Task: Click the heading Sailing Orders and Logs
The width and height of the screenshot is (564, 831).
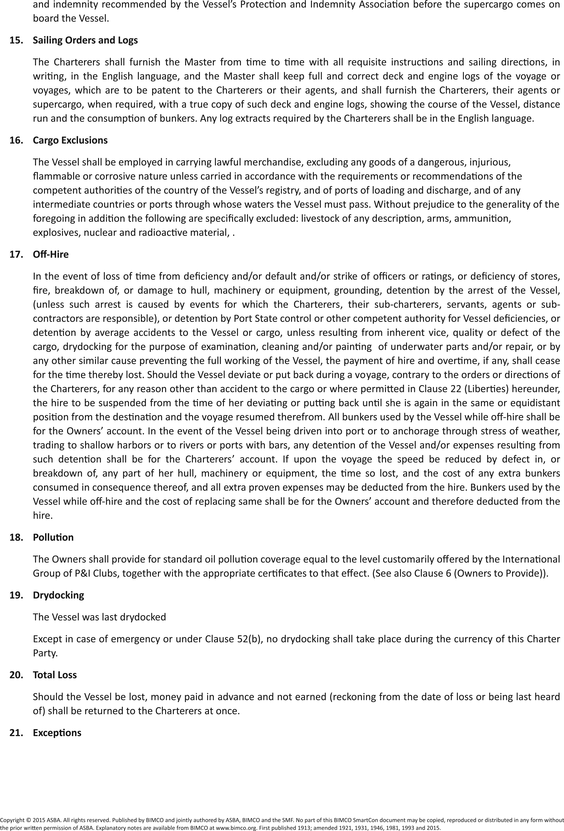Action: pos(85,40)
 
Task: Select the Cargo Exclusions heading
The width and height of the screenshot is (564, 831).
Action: pos(70,140)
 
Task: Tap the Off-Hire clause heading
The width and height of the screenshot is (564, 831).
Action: pos(51,254)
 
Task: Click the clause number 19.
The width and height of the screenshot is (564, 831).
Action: pos(16,595)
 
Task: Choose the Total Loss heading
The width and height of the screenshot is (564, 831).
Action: pos(55,675)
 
